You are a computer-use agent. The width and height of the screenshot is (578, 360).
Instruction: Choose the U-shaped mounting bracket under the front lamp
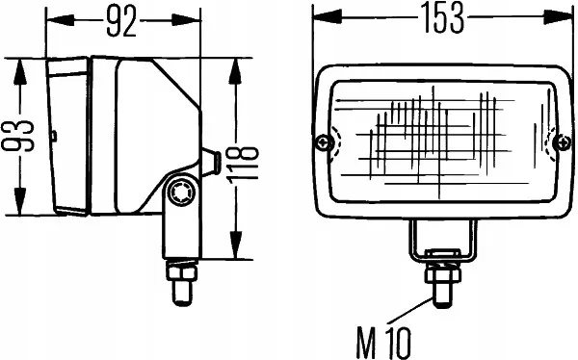pyautogui.click(x=441, y=241)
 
